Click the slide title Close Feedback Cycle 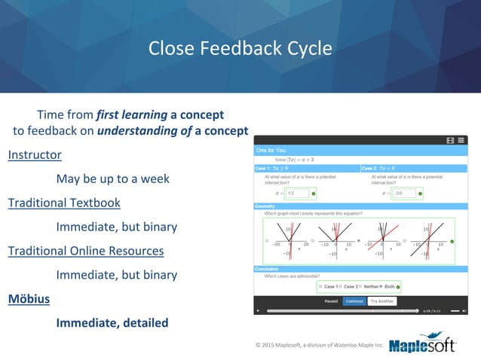pos(240,48)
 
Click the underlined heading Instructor pos(35,155)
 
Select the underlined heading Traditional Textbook pos(64,203)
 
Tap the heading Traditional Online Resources pos(86,250)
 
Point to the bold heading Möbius pos(29,298)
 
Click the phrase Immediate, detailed pos(112,322)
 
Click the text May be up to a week pos(112,179)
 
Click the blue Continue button pos(354,301)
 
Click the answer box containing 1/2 pos(299,194)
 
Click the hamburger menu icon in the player pos(461,140)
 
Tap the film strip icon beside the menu pos(450,140)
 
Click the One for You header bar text pos(271,151)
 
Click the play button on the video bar pos(258,310)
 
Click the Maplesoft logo pos(427,343)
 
